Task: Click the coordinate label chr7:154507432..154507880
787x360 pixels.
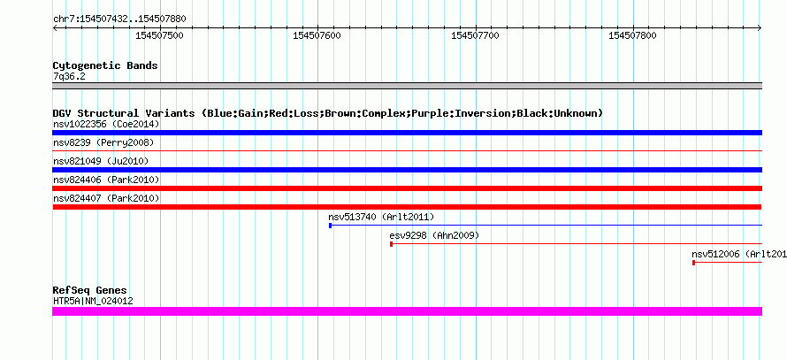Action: click(119, 19)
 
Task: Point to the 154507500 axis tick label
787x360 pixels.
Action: click(159, 35)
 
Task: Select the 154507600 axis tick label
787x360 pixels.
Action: click(317, 35)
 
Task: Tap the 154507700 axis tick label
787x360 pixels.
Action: click(476, 35)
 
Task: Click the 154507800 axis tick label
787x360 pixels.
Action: click(632, 35)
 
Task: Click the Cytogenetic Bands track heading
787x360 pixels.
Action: click(105, 65)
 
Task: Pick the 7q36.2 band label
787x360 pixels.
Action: click(69, 77)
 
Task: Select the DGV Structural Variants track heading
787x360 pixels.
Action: click(328, 113)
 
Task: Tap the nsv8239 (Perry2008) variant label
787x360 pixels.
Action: click(103, 142)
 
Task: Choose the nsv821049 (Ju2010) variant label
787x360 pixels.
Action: click(101, 161)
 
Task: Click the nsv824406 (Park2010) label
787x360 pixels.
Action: click(106, 180)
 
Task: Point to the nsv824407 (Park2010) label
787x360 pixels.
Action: click(106, 198)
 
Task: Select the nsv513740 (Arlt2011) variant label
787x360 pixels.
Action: click(381, 217)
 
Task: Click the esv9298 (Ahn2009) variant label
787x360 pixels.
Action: click(434, 235)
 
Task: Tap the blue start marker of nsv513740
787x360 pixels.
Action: click(330, 226)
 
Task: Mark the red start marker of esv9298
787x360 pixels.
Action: click(391, 244)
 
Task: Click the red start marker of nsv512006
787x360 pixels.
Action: click(693, 263)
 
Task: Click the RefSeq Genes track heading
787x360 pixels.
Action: click(90, 290)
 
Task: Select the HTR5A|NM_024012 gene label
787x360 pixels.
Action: click(93, 302)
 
